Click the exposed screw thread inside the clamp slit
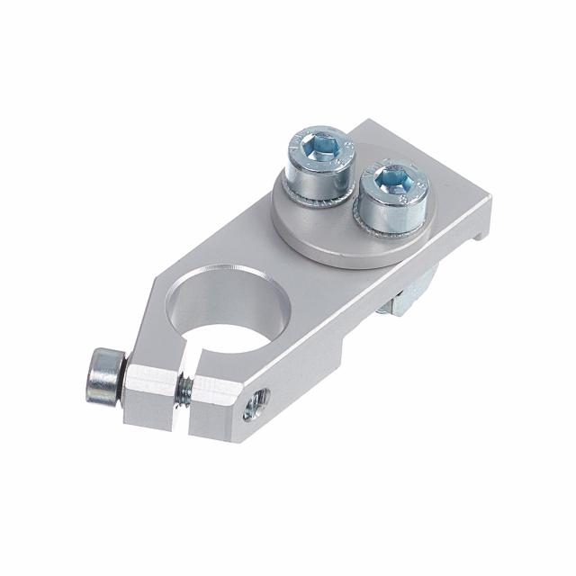(184, 389)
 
